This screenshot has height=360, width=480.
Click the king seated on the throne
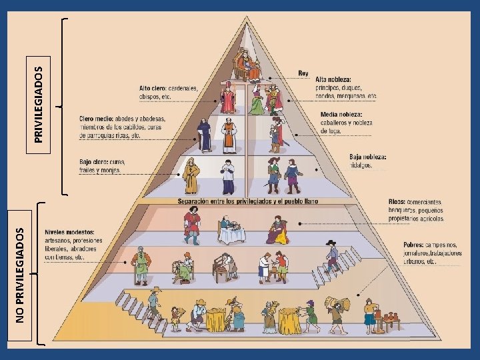[245, 65]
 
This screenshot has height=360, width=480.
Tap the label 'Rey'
[303, 73]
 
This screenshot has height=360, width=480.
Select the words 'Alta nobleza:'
[333, 79]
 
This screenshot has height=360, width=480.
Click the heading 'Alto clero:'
[152, 88]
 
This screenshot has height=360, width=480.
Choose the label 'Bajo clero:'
[95, 162]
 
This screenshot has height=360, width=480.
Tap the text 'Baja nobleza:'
[367, 157]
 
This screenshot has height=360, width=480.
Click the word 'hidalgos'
[360, 165]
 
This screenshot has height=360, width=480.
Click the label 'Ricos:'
[397, 202]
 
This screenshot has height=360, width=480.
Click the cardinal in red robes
[229, 98]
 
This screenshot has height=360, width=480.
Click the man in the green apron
[141, 265]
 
